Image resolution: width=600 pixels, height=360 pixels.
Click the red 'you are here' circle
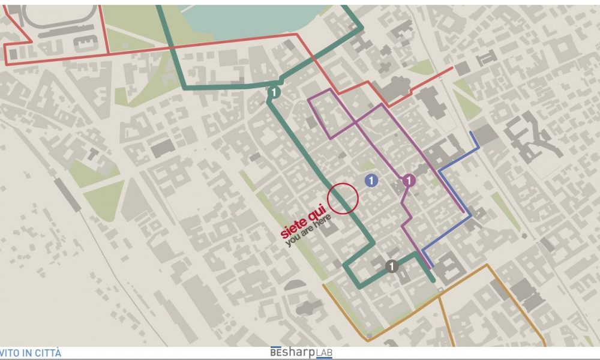(x=343, y=199)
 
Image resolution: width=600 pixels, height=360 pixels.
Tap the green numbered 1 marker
(x=274, y=92)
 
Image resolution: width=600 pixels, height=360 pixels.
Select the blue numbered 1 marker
(x=371, y=180)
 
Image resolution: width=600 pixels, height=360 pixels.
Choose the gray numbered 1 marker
(x=392, y=266)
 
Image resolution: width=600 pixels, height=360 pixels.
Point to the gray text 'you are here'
(x=308, y=231)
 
